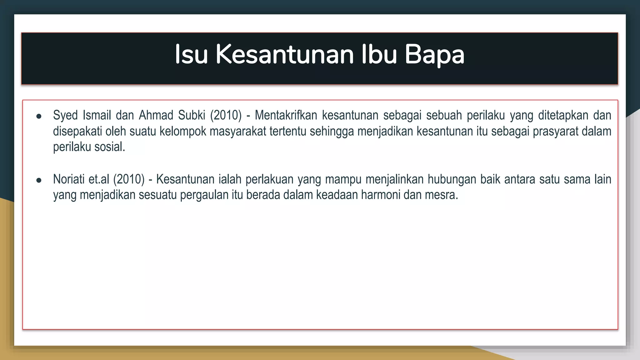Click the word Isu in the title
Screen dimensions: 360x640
point(191,55)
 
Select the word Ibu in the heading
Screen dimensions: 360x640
point(379,55)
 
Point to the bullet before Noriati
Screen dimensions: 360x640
point(39,180)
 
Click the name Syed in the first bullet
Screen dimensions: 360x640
point(65,116)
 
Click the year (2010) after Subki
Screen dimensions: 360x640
point(226,115)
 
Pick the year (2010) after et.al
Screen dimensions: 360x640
point(129,179)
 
